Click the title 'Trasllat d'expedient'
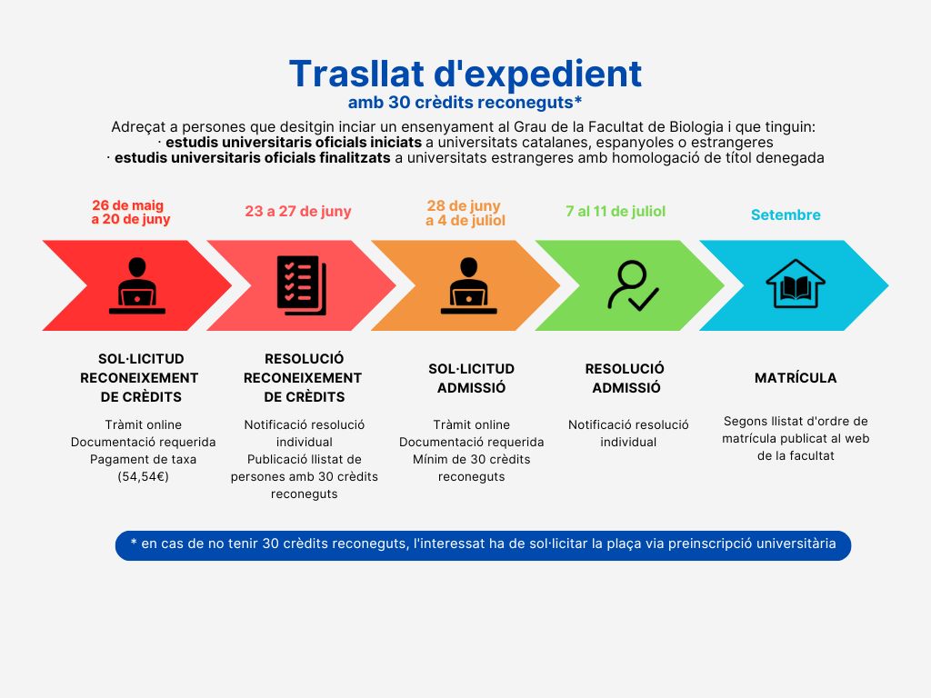click(x=465, y=75)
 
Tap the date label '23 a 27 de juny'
click(x=298, y=212)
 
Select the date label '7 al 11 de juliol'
click(x=616, y=211)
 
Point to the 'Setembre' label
click(x=786, y=214)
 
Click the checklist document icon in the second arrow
click(x=302, y=284)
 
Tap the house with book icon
click(x=795, y=284)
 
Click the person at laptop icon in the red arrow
click(x=137, y=285)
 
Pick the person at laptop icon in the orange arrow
click(x=468, y=285)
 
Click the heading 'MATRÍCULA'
click(x=796, y=378)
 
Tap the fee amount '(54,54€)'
click(x=143, y=476)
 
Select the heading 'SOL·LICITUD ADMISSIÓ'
click(x=472, y=378)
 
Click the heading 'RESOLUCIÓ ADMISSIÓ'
click(x=626, y=378)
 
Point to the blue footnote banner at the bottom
click(x=483, y=545)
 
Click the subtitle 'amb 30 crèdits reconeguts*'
click(x=465, y=103)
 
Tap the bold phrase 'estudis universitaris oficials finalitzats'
click(x=253, y=158)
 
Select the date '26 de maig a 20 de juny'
click(x=130, y=213)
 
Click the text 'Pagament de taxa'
click(x=143, y=459)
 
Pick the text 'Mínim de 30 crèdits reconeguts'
click(x=472, y=468)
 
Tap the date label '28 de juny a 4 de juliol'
click(x=465, y=213)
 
